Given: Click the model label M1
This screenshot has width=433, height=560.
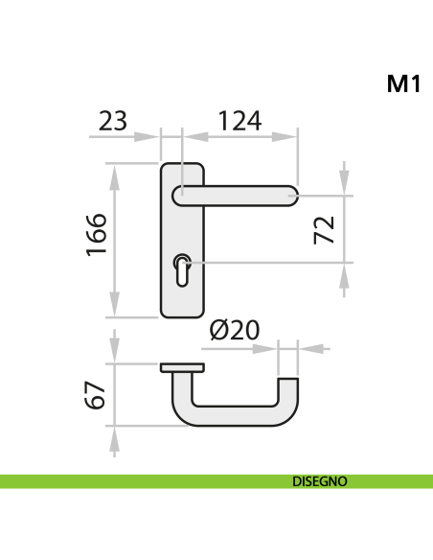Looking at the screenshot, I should [403, 84].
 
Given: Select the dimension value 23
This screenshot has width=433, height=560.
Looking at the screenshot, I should [113, 121].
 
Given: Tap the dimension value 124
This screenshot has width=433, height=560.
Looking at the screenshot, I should [239, 121].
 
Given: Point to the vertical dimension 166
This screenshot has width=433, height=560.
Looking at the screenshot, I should [96, 235].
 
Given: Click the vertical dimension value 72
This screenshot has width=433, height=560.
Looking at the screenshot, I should [325, 229].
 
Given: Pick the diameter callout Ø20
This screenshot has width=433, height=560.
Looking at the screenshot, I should [234, 330].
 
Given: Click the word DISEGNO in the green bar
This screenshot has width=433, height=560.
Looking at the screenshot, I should [319, 481].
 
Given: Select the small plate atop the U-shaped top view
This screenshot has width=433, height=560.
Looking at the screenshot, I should [182, 368].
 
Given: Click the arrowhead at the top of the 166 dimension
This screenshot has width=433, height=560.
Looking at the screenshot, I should [115, 174].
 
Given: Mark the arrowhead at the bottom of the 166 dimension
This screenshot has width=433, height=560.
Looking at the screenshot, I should [115, 306].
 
